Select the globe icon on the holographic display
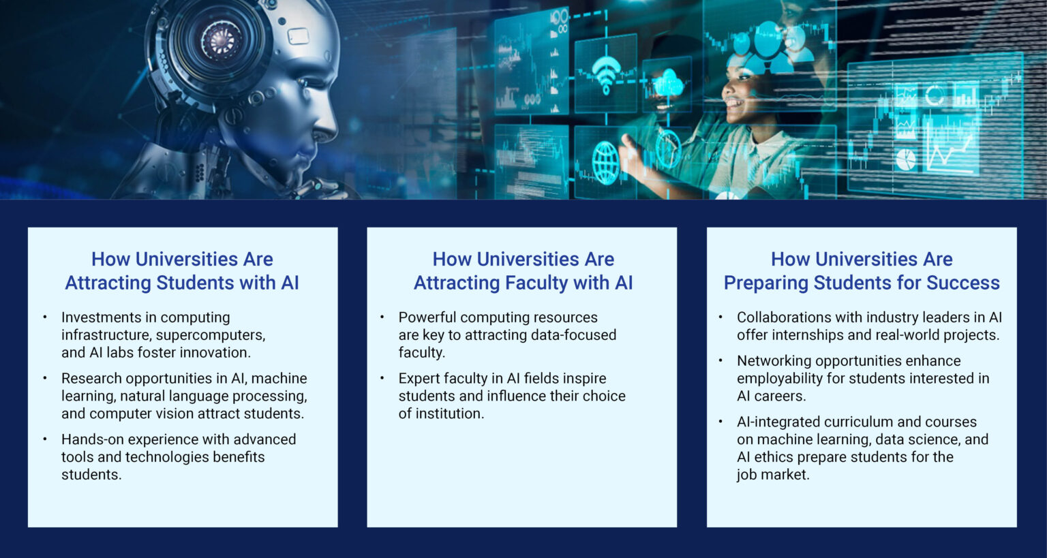605,163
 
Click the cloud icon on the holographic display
669,85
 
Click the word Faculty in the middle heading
536,283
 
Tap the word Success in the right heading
962,283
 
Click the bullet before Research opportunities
45,377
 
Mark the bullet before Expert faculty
382,377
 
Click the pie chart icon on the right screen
905,159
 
